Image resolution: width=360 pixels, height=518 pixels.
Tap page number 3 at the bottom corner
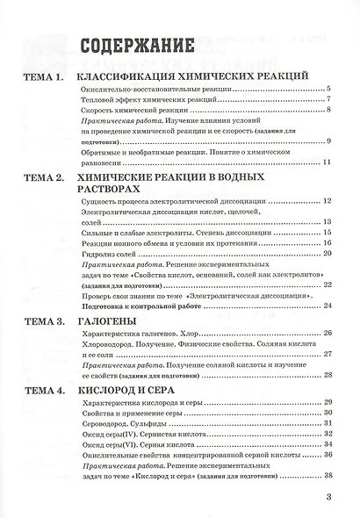point(328,498)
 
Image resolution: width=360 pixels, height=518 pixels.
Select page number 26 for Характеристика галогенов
point(326,335)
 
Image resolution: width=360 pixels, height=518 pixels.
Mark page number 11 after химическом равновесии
point(325,163)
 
